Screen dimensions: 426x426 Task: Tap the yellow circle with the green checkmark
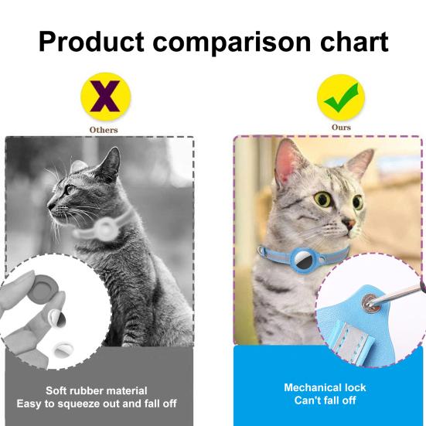341,96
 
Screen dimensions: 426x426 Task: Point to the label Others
104,130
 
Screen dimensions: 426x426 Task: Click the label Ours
341,128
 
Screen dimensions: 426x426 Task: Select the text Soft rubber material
96,390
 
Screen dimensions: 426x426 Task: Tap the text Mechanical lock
325,387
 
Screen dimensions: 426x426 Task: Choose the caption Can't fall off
325,401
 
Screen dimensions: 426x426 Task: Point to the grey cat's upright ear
109,163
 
